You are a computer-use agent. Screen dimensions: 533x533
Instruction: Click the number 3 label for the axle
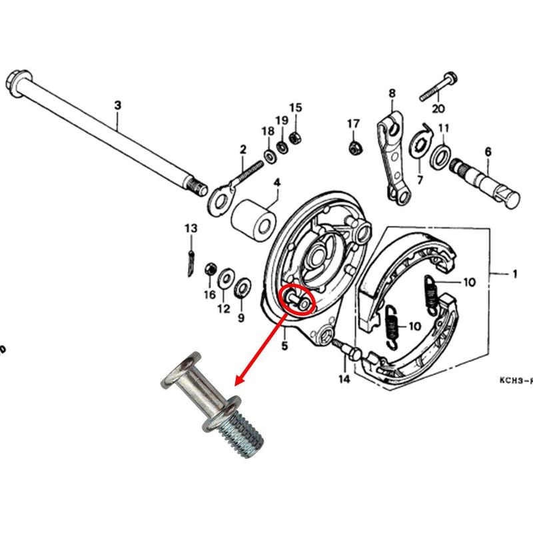tap(117, 105)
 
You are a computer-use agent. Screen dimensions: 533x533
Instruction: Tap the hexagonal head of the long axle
tap(15, 84)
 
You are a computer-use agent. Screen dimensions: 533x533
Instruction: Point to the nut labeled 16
tap(211, 270)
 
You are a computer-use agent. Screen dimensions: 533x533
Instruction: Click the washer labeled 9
tap(243, 288)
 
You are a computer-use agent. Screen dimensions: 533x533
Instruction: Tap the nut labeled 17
tap(356, 147)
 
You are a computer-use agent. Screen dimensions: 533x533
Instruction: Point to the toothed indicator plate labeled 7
tap(421, 142)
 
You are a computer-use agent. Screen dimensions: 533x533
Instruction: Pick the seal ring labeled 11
tap(440, 157)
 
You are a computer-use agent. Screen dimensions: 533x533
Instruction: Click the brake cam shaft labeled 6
tap(484, 183)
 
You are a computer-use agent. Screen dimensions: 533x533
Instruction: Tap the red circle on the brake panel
tap(296, 300)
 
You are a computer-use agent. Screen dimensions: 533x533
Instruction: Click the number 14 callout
tap(344, 379)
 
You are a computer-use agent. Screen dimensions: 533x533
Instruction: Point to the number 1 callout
tap(514, 274)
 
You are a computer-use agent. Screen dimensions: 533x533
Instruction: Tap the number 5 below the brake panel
tap(284, 346)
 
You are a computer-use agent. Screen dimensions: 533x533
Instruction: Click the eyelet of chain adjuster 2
tap(220, 201)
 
